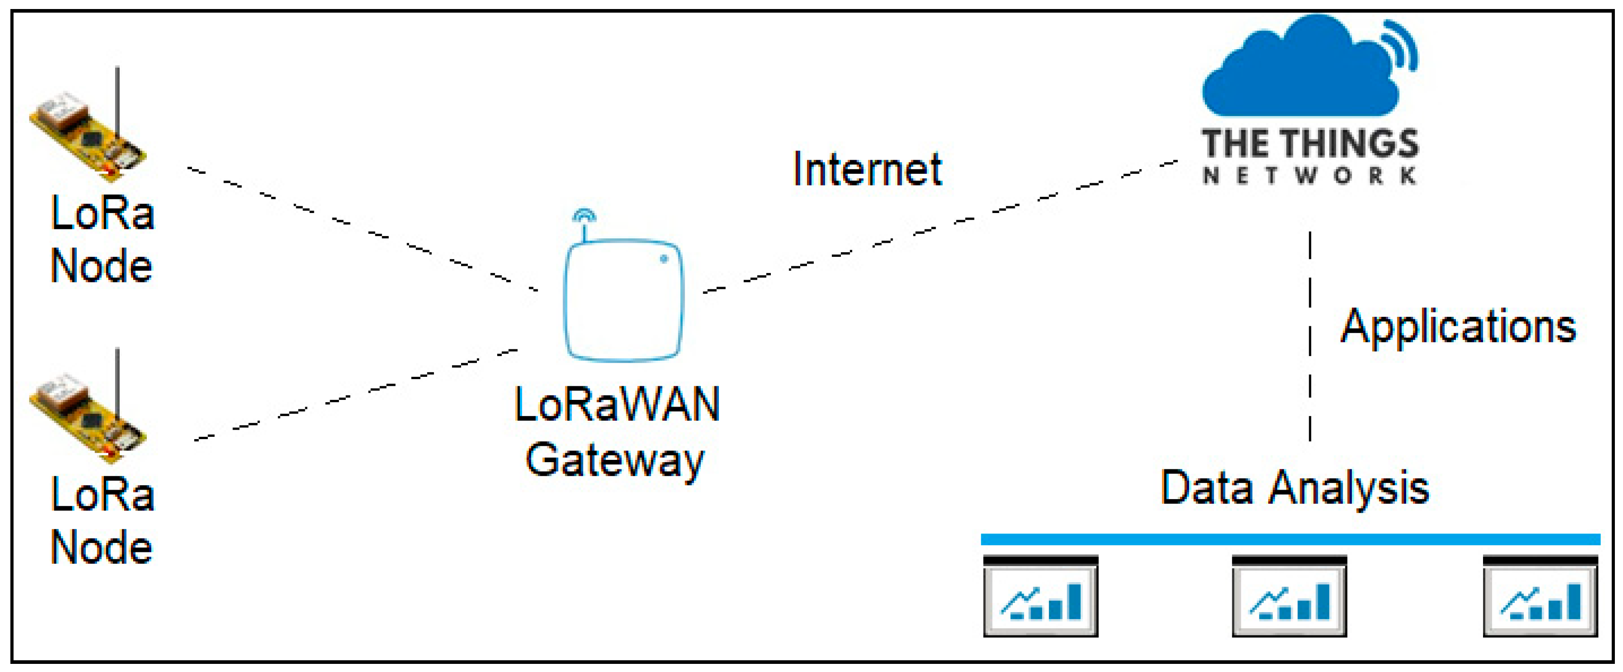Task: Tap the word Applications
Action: tap(1458, 326)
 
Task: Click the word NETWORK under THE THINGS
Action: tap(1309, 175)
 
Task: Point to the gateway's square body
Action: tap(622, 301)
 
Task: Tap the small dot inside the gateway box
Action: tap(663, 258)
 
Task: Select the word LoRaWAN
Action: tap(617, 404)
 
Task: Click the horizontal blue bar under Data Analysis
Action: tap(1290, 539)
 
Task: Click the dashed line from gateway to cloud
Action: tap(933, 227)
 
